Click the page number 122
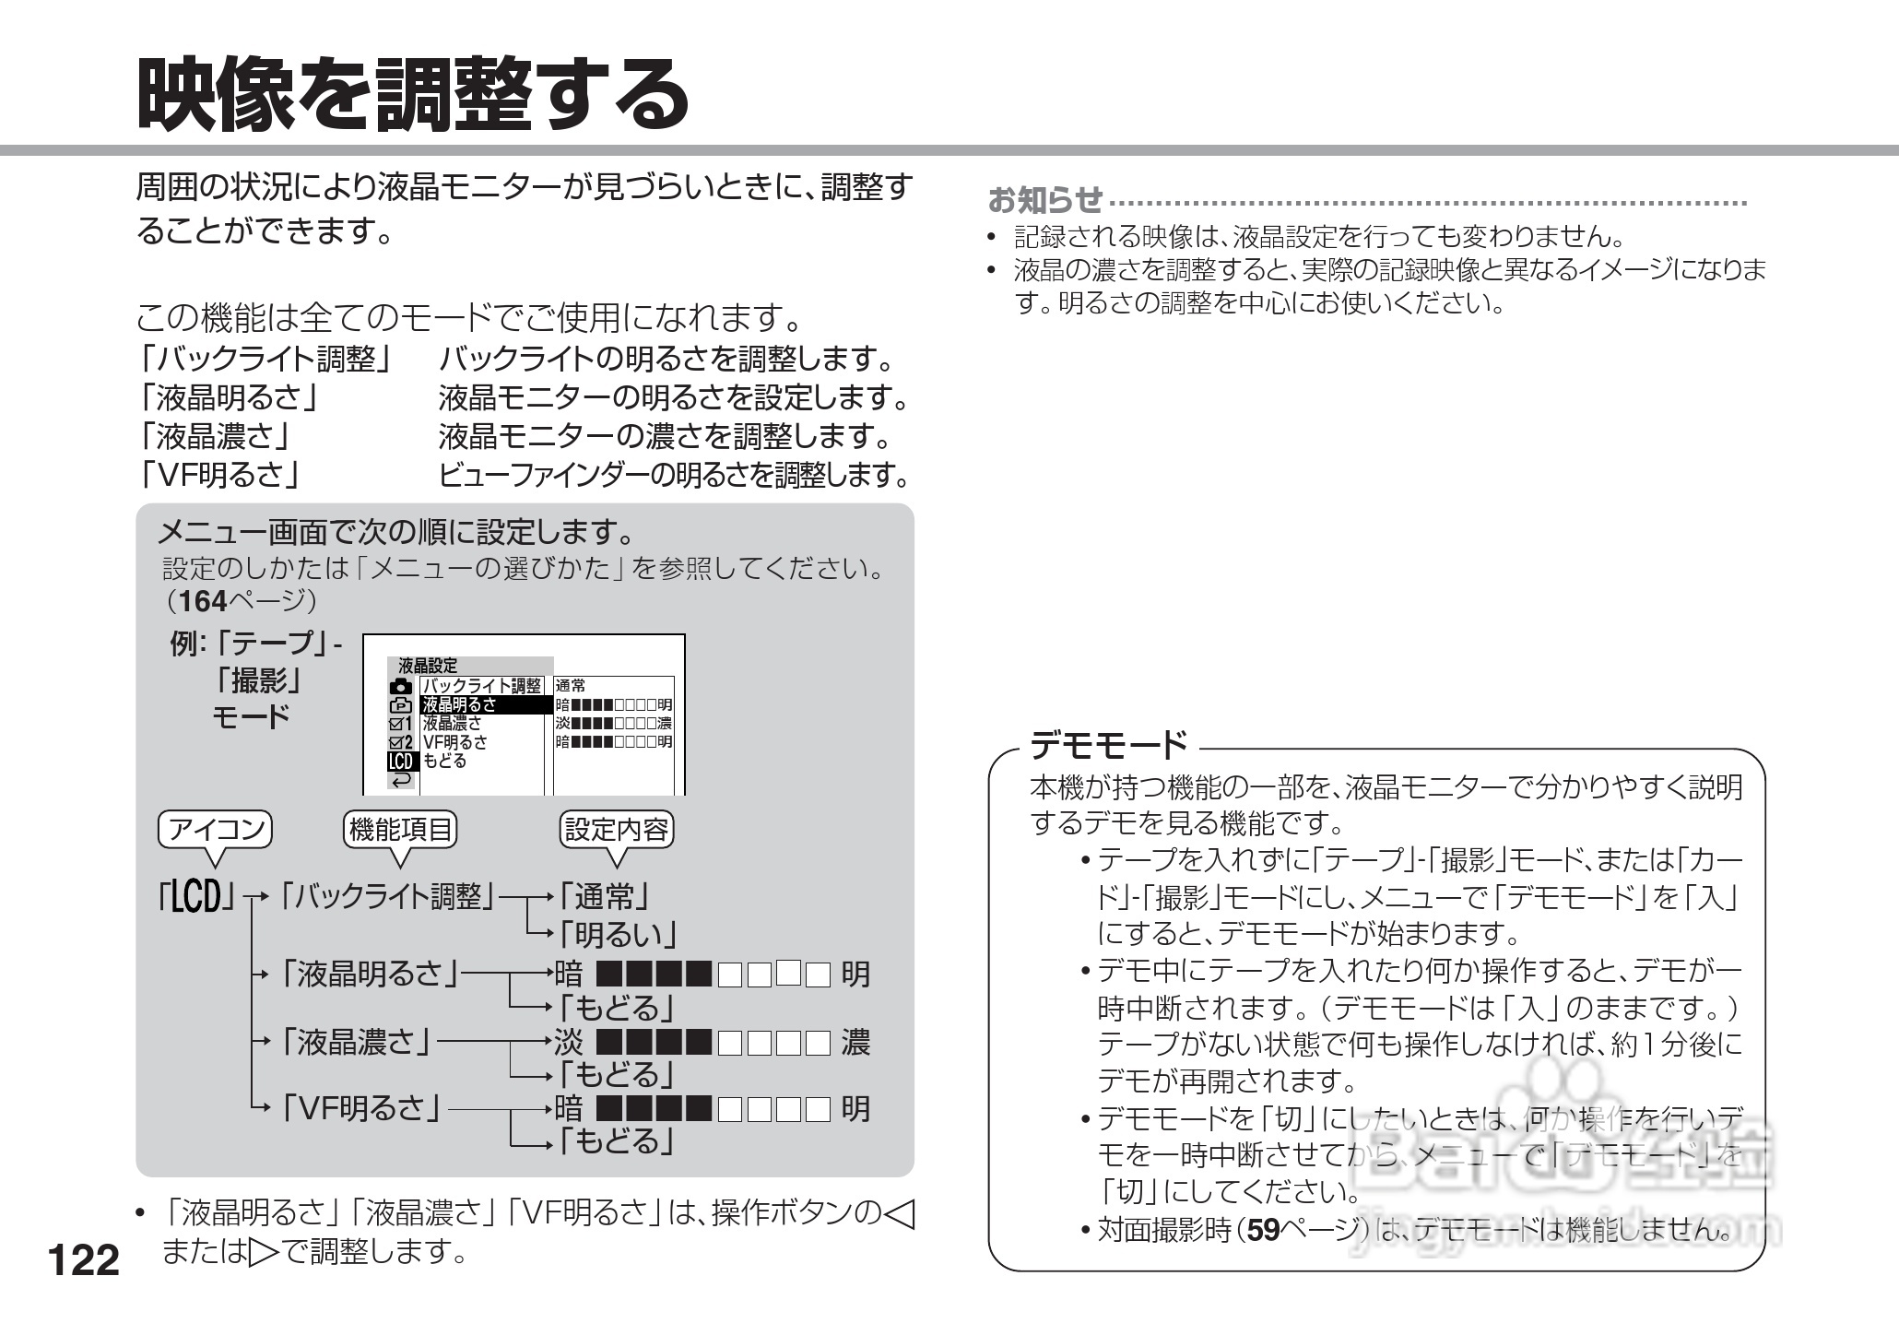point(83,1260)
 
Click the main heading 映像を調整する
point(412,94)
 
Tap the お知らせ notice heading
point(1044,198)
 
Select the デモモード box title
point(1109,744)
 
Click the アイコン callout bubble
point(216,830)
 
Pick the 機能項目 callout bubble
point(400,830)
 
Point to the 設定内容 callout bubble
point(617,830)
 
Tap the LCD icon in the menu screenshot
point(401,762)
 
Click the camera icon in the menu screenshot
point(401,686)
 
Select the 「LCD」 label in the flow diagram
point(196,896)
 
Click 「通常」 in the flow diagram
point(604,896)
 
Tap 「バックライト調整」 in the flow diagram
point(388,896)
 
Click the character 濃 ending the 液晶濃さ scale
point(855,1043)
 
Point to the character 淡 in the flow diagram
point(569,1043)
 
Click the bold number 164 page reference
point(203,601)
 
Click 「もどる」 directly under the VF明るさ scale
point(617,1142)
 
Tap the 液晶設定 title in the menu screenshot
point(427,666)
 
